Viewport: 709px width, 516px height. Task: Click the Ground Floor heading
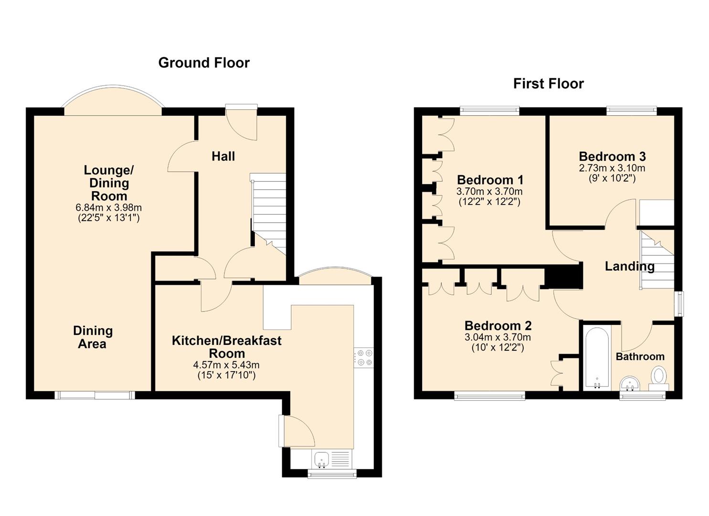tap(204, 63)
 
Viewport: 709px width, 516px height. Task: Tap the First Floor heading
tap(549, 84)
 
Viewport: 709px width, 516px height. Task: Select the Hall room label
tap(223, 156)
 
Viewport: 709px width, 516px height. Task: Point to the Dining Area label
tap(93, 337)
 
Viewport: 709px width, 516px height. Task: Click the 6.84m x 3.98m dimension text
tap(108, 207)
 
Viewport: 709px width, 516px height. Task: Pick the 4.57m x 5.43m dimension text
tap(226, 365)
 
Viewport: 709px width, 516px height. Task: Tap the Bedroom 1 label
tap(490, 180)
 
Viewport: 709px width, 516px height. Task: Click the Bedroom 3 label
tap(612, 157)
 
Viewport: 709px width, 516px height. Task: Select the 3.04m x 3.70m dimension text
tap(497, 337)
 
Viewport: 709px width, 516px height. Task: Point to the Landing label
tap(630, 267)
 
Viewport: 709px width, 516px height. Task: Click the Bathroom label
tap(640, 357)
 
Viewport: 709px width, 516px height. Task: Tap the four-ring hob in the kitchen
tap(364, 358)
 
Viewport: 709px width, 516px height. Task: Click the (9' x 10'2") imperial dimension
tap(612, 178)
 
